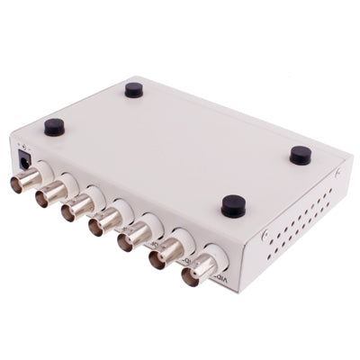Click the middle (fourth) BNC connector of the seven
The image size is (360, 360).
pyautogui.click(x=101, y=224)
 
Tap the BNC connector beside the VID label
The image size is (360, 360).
pyautogui.click(x=199, y=270)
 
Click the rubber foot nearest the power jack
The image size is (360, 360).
pyautogui.click(x=54, y=127)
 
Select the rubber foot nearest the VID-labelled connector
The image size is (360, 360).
pyautogui.click(x=233, y=205)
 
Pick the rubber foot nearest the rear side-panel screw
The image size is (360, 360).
pyautogui.click(x=300, y=155)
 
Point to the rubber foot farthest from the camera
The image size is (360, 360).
pyautogui.click(x=133, y=89)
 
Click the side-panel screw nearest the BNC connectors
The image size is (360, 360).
pyautogui.click(x=265, y=236)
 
